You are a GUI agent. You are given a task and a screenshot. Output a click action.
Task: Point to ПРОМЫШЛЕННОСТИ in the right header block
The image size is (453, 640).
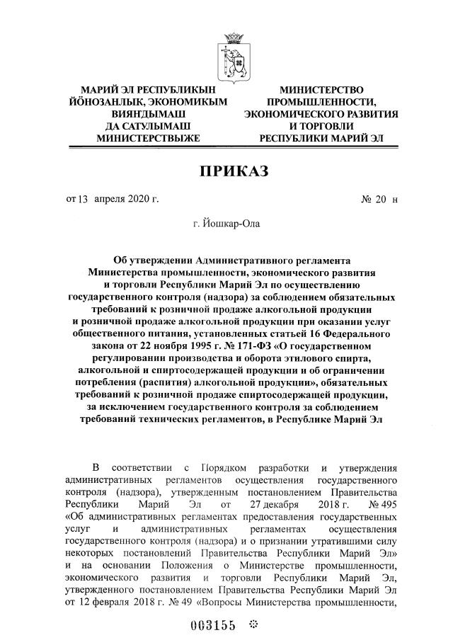321,102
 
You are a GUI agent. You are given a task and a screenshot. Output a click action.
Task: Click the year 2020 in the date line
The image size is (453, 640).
141,199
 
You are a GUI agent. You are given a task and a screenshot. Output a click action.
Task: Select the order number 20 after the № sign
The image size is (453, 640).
380,199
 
